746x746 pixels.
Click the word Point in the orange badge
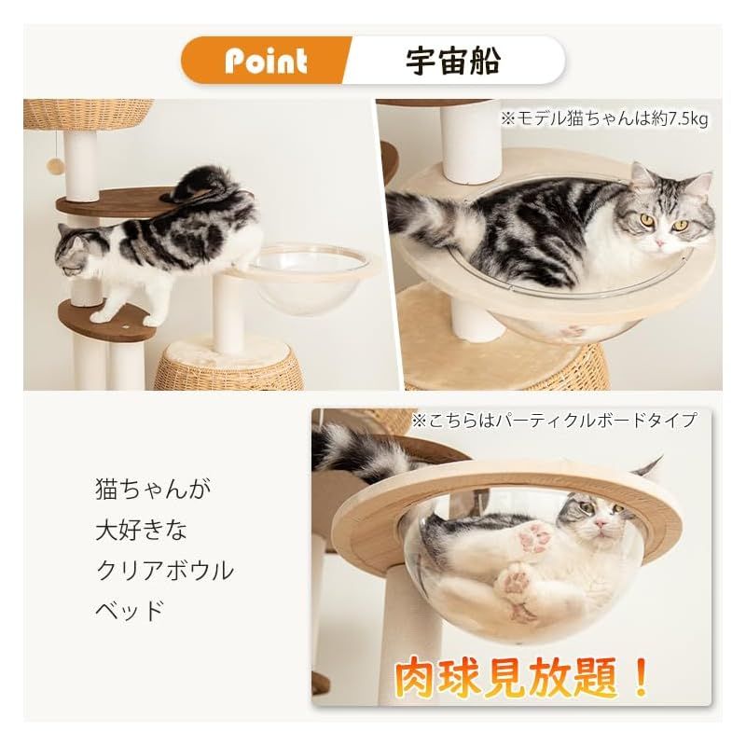[265, 61]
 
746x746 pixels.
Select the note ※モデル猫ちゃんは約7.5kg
[604, 118]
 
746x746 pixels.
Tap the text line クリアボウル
[163, 571]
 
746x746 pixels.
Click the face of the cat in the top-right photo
[666, 219]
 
